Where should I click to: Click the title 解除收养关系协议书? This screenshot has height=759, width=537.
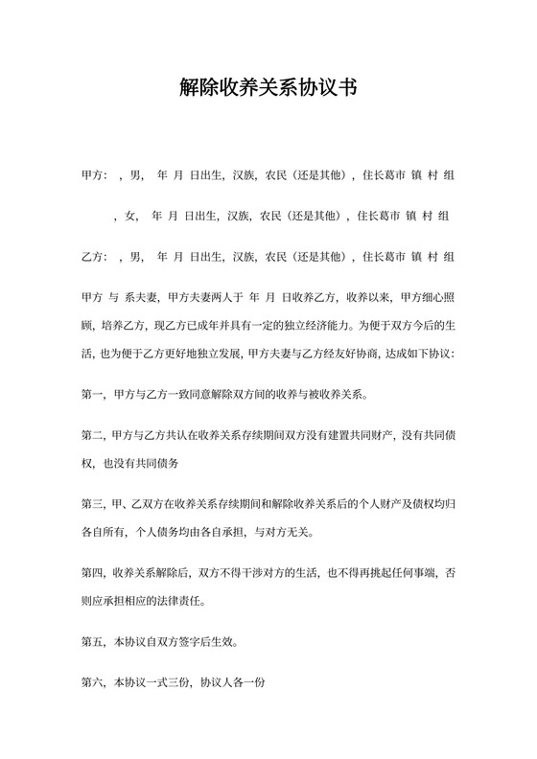point(268,89)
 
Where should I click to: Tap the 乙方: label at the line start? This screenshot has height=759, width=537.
point(95,256)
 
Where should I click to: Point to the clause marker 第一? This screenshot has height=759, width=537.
point(93,394)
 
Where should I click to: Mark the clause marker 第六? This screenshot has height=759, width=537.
point(93,683)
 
